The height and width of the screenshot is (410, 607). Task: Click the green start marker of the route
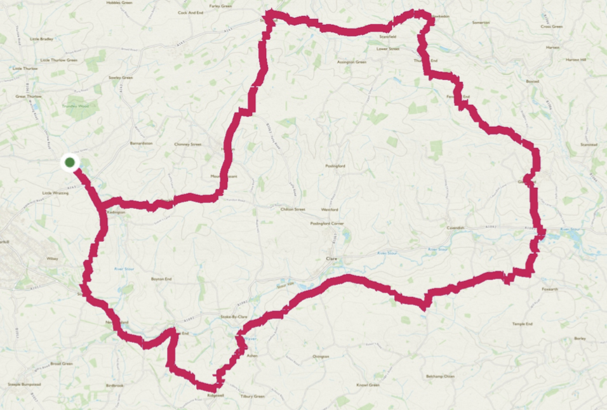pyautogui.click(x=70, y=162)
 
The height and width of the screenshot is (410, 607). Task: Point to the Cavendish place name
pyautogui.click(x=455, y=227)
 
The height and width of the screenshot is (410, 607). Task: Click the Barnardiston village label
pyautogui.click(x=141, y=143)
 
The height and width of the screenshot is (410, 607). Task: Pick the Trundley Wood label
pyautogui.click(x=76, y=107)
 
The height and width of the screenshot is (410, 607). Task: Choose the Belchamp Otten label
pyautogui.click(x=441, y=376)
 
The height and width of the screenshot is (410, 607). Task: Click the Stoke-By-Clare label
pyautogui.click(x=233, y=316)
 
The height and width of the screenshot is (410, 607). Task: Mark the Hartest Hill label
pyautogui.click(x=576, y=60)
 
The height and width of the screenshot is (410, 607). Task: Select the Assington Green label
pyautogui.click(x=352, y=62)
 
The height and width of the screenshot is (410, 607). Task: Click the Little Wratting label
pyautogui.click(x=55, y=193)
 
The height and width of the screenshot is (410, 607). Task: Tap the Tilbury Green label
pyautogui.click(x=252, y=397)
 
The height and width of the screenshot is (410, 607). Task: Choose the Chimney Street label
pyautogui.click(x=187, y=144)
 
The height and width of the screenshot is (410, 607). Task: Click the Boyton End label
pyautogui.click(x=162, y=279)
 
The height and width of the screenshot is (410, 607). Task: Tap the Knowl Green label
pyautogui.click(x=368, y=385)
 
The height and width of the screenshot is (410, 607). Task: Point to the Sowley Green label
pyautogui.click(x=121, y=77)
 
